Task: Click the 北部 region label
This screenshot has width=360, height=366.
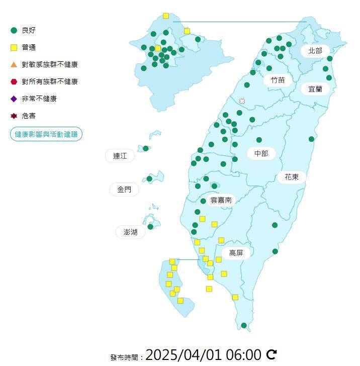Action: pyautogui.click(x=315, y=50)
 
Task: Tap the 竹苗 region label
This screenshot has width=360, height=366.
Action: pyautogui.click(x=278, y=80)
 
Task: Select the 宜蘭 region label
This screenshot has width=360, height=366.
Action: pyautogui.click(x=315, y=89)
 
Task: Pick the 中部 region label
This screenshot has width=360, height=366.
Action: pyautogui.click(x=261, y=153)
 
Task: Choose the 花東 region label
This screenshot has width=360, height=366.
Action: pyautogui.click(x=292, y=177)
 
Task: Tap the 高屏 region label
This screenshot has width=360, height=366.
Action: pyautogui.click(x=236, y=253)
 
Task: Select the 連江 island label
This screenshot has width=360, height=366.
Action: pyautogui.click(x=120, y=156)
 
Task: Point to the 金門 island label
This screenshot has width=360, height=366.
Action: pyautogui.click(x=124, y=190)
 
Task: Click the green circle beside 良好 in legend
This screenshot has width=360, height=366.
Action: pyautogui.click(x=14, y=30)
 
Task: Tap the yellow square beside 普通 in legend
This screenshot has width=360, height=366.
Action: pyautogui.click(x=14, y=48)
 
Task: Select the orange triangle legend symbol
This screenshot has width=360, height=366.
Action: pyautogui.click(x=14, y=64)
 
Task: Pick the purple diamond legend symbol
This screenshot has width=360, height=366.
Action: pyautogui.click(x=14, y=99)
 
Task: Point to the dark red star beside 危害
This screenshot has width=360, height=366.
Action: pyautogui.click(x=14, y=116)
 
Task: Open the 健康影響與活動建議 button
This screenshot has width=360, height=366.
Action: pyautogui.click(x=46, y=134)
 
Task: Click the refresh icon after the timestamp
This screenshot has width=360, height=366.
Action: pyautogui.click(x=272, y=354)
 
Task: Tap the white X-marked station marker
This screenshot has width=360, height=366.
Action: pyautogui.click(x=242, y=101)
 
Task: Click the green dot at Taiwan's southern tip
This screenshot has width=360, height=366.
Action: pyautogui.click(x=244, y=325)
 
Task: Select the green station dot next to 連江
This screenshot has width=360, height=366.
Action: pyautogui.click(x=146, y=148)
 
